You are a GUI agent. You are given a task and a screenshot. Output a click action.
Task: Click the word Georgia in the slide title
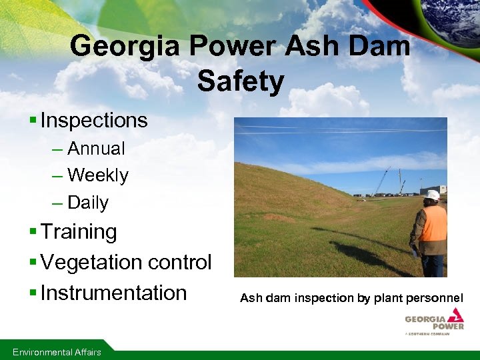point(126,47)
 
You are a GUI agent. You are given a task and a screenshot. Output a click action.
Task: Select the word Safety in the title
point(241,81)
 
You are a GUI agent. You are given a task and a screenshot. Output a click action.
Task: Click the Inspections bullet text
point(93,121)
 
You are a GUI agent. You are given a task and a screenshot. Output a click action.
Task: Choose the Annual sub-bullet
point(96,148)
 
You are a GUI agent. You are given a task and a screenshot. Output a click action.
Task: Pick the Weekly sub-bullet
point(98,175)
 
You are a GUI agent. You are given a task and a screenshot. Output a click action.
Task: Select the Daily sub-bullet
point(88,203)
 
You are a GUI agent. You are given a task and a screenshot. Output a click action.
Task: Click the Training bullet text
point(79,232)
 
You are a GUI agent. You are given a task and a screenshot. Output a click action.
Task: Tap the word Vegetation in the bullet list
point(97,263)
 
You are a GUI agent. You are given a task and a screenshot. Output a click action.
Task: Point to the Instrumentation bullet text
point(113,293)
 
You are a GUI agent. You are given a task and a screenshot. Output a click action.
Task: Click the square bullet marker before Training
point(33,233)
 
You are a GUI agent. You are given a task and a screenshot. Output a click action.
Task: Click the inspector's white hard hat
point(433,195)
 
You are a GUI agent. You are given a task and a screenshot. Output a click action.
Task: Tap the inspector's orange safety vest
point(433,223)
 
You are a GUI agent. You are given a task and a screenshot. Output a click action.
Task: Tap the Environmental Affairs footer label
point(57,352)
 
